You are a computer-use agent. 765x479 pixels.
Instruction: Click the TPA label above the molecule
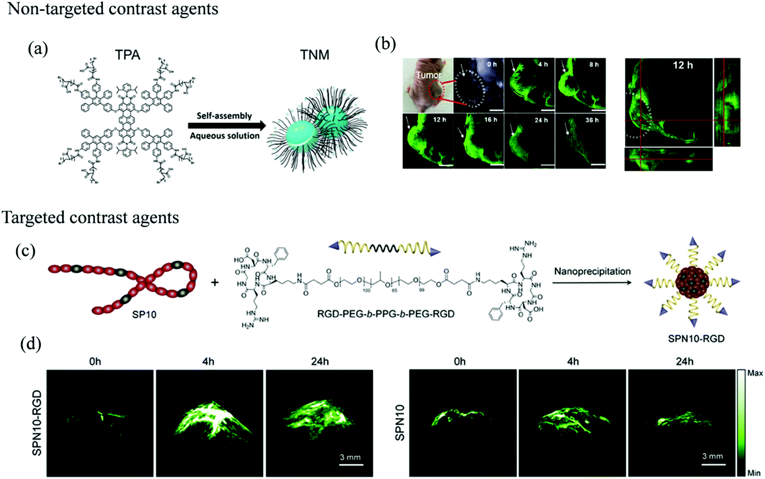pos(127,55)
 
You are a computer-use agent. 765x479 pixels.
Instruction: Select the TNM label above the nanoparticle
pos(315,55)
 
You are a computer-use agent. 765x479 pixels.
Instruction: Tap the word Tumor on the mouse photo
pos(428,75)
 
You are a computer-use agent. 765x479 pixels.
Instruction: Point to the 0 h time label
pos(492,64)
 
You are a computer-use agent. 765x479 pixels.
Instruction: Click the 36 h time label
pos(592,120)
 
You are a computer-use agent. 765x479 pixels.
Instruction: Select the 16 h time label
pos(491,120)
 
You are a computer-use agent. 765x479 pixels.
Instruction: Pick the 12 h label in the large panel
pos(683,65)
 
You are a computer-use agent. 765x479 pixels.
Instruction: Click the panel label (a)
pos(38,49)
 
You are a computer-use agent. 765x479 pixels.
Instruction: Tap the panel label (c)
pos(25,251)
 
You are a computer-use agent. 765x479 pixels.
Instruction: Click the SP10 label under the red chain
pos(144,315)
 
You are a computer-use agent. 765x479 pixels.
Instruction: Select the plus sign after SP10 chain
pos(215,282)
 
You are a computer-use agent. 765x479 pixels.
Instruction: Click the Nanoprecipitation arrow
pos(592,282)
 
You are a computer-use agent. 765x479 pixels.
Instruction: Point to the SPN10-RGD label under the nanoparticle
pos(696,339)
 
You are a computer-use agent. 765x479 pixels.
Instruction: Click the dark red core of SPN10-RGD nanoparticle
pos(692,283)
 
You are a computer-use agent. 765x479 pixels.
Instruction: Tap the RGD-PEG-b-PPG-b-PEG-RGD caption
pos(385,314)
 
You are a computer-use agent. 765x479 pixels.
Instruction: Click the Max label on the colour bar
pos(755,373)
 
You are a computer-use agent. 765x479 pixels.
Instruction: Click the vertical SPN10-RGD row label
pos(37,423)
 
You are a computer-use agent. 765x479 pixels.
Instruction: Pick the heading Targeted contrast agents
pos(91,218)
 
